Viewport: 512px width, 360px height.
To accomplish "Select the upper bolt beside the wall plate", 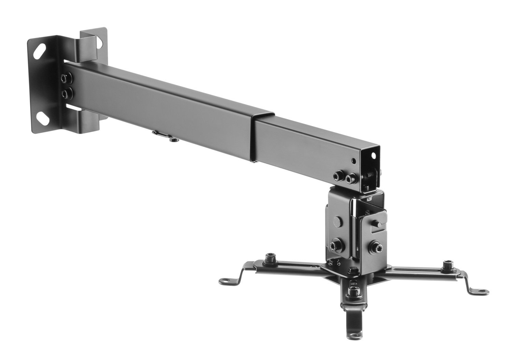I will coord(65,79).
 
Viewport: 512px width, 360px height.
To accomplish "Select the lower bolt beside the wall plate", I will coord(66,93).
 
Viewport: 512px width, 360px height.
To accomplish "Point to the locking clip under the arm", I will coord(161,135).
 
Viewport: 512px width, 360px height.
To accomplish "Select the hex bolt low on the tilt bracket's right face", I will coord(375,246).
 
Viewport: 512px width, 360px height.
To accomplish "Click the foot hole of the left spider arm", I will coord(227,282).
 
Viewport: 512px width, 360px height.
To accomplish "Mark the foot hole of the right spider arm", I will coord(481,292).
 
